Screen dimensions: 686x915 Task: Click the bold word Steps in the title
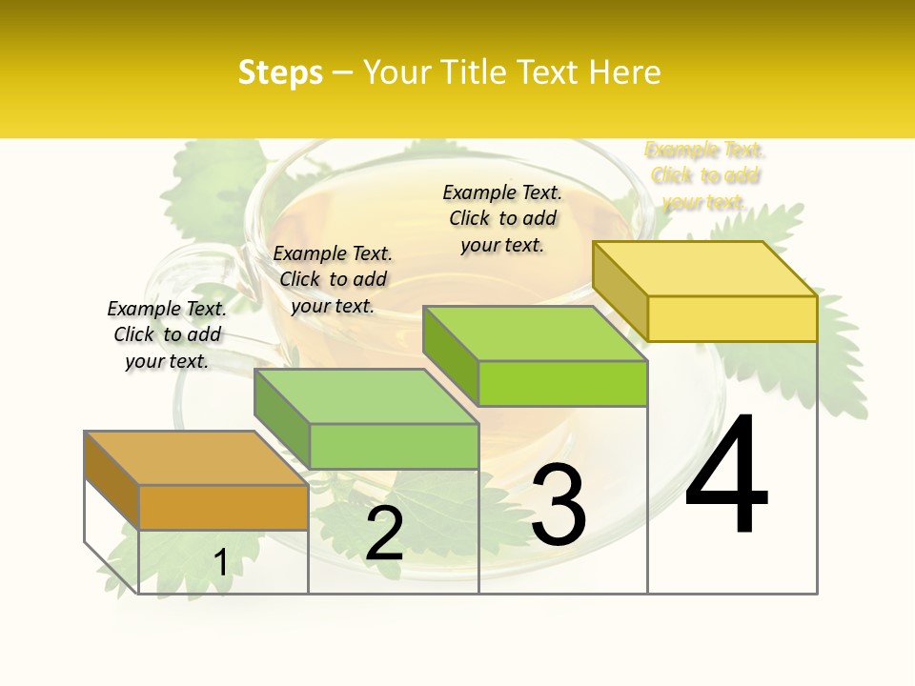click(279, 72)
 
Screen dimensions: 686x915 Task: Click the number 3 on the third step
click(559, 505)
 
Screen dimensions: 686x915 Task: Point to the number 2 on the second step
click(385, 534)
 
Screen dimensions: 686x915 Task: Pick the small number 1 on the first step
click(220, 563)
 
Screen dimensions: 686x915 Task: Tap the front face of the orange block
click(223, 507)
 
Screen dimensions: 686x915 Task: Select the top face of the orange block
click(195, 458)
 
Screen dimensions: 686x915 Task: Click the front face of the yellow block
click(732, 318)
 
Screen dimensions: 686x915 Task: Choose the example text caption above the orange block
click(167, 334)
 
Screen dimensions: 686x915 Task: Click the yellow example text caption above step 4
click(704, 175)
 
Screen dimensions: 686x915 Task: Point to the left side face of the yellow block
click(620, 290)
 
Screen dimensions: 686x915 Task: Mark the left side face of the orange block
click(112, 479)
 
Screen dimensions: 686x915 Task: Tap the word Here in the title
click(624, 72)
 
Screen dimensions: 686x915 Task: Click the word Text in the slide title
click(550, 72)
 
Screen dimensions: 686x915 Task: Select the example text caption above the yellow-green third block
click(502, 218)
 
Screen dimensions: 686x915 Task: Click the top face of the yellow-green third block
click(535, 333)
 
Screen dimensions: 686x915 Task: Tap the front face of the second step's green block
click(394, 446)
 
